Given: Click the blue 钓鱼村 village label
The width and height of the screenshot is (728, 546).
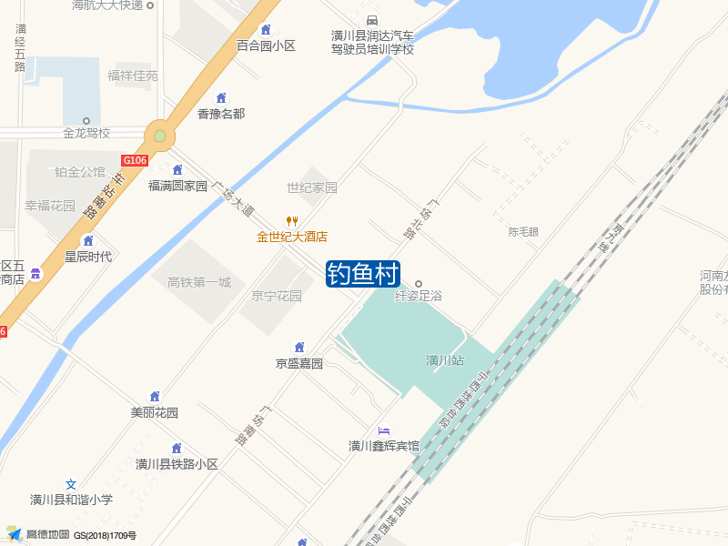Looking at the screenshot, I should [364, 274].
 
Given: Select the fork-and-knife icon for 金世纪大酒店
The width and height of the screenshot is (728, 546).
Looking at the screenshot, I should [292, 221].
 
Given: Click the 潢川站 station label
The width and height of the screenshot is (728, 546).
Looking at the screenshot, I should [445, 360].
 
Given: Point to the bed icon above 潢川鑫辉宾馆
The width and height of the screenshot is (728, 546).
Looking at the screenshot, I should [384, 430].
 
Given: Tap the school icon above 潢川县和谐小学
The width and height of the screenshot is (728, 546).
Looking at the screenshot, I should [71, 484].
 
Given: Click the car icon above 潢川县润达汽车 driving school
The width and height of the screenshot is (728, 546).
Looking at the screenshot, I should [371, 20].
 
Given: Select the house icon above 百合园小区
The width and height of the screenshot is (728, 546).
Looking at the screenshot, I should [266, 30].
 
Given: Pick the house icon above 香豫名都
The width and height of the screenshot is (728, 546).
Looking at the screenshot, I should [220, 98].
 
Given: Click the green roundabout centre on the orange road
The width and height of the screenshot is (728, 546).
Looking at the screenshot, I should [160, 136].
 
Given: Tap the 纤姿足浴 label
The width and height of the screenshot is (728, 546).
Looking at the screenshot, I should [419, 296].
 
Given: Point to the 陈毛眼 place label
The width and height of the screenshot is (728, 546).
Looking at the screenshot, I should [523, 232].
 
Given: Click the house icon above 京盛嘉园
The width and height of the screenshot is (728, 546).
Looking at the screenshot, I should [299, 348].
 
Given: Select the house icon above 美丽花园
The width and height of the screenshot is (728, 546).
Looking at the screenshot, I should [155, 397].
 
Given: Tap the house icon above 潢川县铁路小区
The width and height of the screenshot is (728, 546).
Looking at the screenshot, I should [177, 449].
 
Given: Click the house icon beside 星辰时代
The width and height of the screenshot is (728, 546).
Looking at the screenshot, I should [88, 241].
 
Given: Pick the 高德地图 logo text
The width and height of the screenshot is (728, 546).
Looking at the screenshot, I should [46, 534].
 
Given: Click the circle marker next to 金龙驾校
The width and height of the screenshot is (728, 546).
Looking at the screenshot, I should [86, 120].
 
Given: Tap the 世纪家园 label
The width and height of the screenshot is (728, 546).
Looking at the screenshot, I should [312, 187].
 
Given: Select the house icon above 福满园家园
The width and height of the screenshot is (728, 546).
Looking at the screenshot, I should [177, 170].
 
